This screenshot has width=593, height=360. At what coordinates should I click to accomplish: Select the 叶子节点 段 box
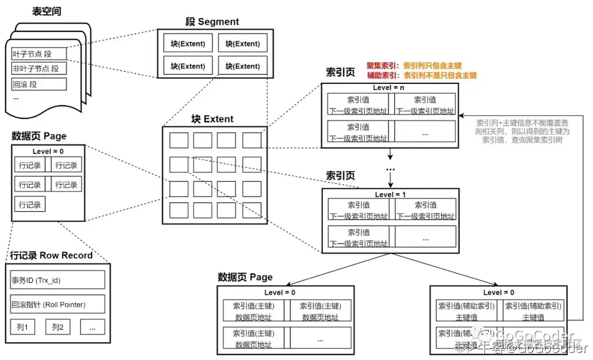coord(39,54)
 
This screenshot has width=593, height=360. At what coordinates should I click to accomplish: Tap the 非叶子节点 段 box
coord(39,69)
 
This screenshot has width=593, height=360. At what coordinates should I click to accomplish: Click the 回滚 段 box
coord(39,85)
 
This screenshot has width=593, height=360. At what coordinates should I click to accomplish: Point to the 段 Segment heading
coord(212,22)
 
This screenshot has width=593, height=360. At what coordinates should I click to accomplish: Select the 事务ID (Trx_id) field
coord(58,280)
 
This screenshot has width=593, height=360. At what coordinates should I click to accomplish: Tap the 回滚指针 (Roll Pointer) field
coord(58,304)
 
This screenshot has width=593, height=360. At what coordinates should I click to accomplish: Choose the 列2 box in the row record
coord(58,328)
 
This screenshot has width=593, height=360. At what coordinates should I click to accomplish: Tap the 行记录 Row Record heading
coord(51,256)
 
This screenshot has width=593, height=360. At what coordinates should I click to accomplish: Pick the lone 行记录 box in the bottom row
coord(30,205)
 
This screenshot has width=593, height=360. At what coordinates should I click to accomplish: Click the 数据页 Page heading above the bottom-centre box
coord(245,277)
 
